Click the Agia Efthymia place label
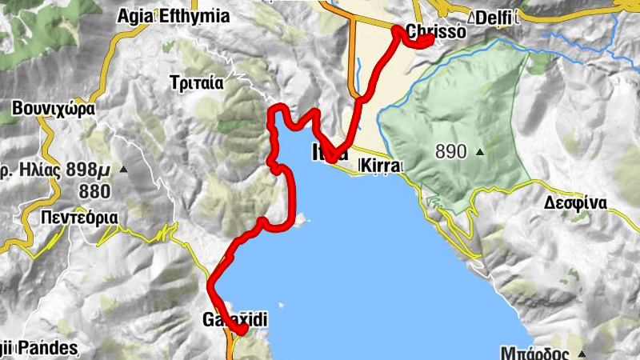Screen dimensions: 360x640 click(x=173, y=16)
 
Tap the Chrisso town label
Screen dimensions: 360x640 click(x=437, y=33)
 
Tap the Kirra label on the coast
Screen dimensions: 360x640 click(x=379, y=166)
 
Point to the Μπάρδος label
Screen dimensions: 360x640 click(x=535, y=352)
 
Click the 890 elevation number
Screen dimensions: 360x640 click(x=451, y=150)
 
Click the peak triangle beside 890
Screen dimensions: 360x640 click(x=480, y=151)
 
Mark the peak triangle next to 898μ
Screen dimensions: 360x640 click(x=123, y=170)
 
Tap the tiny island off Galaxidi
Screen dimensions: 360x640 click(x=281, y=305)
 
